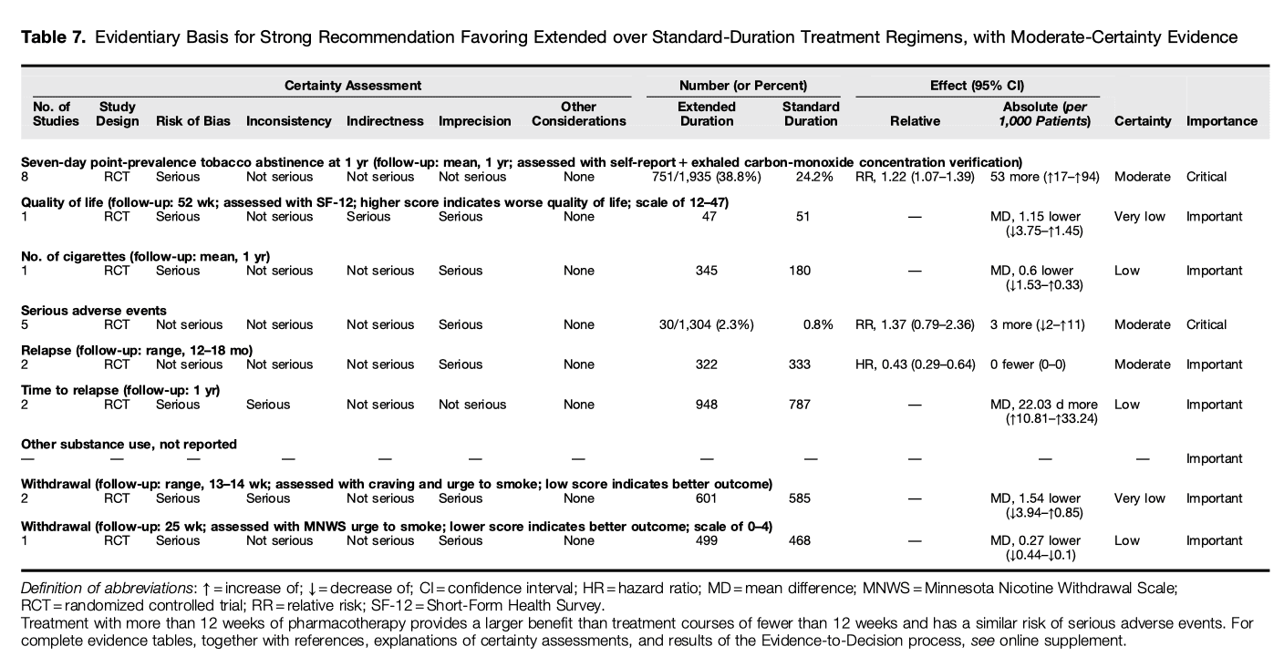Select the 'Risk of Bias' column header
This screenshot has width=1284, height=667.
pyautogui.click(x=192, y=121)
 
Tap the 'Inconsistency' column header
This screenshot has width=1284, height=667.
pyautogui.click(x=288, y=121)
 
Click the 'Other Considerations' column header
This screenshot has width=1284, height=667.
pyautogui.click(x=578, y=114)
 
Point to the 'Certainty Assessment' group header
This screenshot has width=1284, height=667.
pyautogui.click(x=353, y=86)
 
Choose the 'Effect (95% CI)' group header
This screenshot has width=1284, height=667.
pyautogui.click(x=976, y=86)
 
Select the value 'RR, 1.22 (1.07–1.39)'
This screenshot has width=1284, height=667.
pyautogui.click(x=915, y=177)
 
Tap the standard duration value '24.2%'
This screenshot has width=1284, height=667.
pyautogui.click(x=814, y=177)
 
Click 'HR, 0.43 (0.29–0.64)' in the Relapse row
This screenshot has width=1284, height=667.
pyautogui.click(x=915, y=364)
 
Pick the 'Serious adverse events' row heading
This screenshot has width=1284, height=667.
pyautogui.click(x=94, y=311)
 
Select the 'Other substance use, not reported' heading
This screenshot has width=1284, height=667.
pyautogui.click(x=129, y=445)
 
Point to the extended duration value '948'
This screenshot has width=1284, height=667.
pyautogui.click(x=705, y=405)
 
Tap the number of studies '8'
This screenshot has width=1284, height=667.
pyautogui.click(x=26, y=177)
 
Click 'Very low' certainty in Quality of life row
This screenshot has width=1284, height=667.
pyautogui.click(x=1140, y=217)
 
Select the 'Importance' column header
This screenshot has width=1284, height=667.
pyautogui.click(x=1221, y=121)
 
